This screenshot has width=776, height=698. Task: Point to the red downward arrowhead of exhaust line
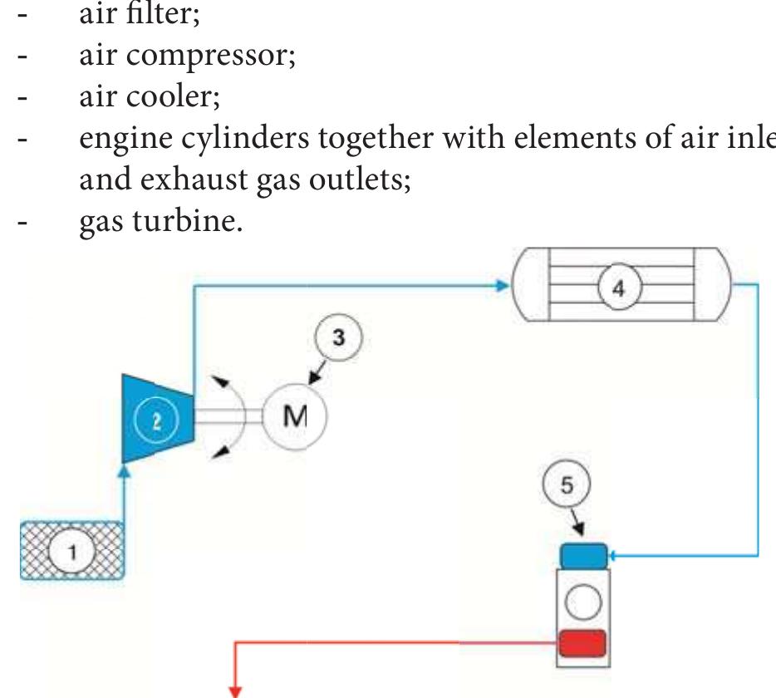[237, 688]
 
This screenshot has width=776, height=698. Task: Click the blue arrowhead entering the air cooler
[501, 286]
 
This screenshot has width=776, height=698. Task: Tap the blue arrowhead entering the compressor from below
[124, 471]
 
